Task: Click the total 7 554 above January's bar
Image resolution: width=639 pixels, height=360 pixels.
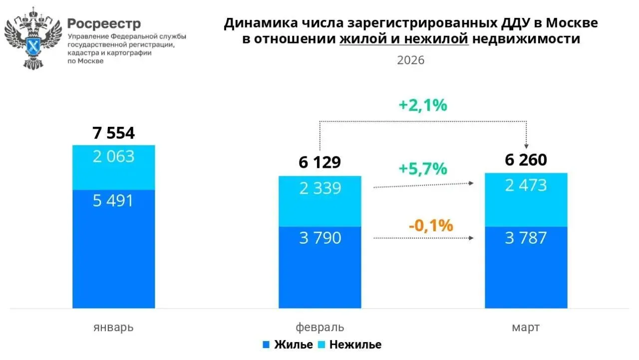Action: (113, 133)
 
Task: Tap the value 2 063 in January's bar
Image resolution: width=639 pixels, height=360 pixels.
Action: (113, 157)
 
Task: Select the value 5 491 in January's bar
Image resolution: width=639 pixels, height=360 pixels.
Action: (113, 201)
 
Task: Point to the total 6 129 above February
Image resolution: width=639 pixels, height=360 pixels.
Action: (319, 162)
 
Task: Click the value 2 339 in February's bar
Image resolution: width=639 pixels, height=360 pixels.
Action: (319, 188)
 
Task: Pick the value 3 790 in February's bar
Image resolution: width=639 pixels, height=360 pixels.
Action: (319, 238)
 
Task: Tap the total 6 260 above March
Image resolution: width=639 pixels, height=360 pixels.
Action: (526, 160)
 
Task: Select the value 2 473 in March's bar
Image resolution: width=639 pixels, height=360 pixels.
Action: (526, 186)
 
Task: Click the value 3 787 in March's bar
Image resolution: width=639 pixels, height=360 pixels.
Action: (526, 238)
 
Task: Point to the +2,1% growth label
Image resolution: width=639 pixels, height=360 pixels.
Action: (423, 106)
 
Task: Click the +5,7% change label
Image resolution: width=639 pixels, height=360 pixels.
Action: (423, 169)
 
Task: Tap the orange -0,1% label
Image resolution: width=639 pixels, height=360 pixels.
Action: (430, 226)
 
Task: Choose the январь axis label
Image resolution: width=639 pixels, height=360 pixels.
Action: (113, 328)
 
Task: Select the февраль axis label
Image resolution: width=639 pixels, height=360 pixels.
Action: (319, 328)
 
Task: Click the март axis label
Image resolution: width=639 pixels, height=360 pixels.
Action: (526, 328)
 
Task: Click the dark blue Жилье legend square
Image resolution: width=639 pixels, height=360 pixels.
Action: (266, 345)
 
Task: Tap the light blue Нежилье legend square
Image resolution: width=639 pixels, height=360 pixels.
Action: (322, 345)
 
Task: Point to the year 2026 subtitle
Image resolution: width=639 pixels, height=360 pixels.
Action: (410, 60)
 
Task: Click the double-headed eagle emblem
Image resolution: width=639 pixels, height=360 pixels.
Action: (32, 38)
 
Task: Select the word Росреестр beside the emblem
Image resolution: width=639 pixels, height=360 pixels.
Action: (104, 23)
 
